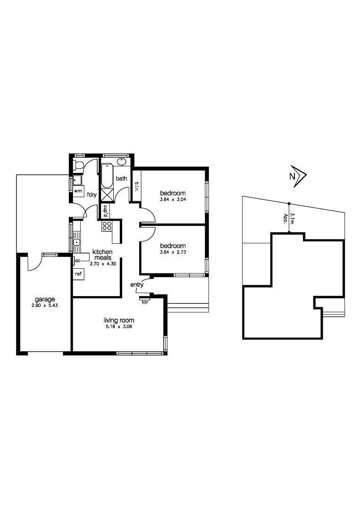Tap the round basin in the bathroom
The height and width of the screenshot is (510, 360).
121,162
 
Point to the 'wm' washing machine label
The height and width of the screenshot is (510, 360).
78,190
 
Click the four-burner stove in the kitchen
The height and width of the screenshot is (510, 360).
106,226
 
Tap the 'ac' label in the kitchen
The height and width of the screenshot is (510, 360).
77,260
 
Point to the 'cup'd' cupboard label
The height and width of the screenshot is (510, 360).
106,211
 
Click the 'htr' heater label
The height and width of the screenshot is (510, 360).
145,302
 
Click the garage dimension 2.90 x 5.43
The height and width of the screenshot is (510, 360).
45,305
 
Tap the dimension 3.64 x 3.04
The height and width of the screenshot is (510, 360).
173,199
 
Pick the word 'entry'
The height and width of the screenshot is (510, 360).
137,285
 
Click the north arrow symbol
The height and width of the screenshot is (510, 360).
299,176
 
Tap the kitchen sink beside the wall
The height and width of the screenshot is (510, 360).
75,243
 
